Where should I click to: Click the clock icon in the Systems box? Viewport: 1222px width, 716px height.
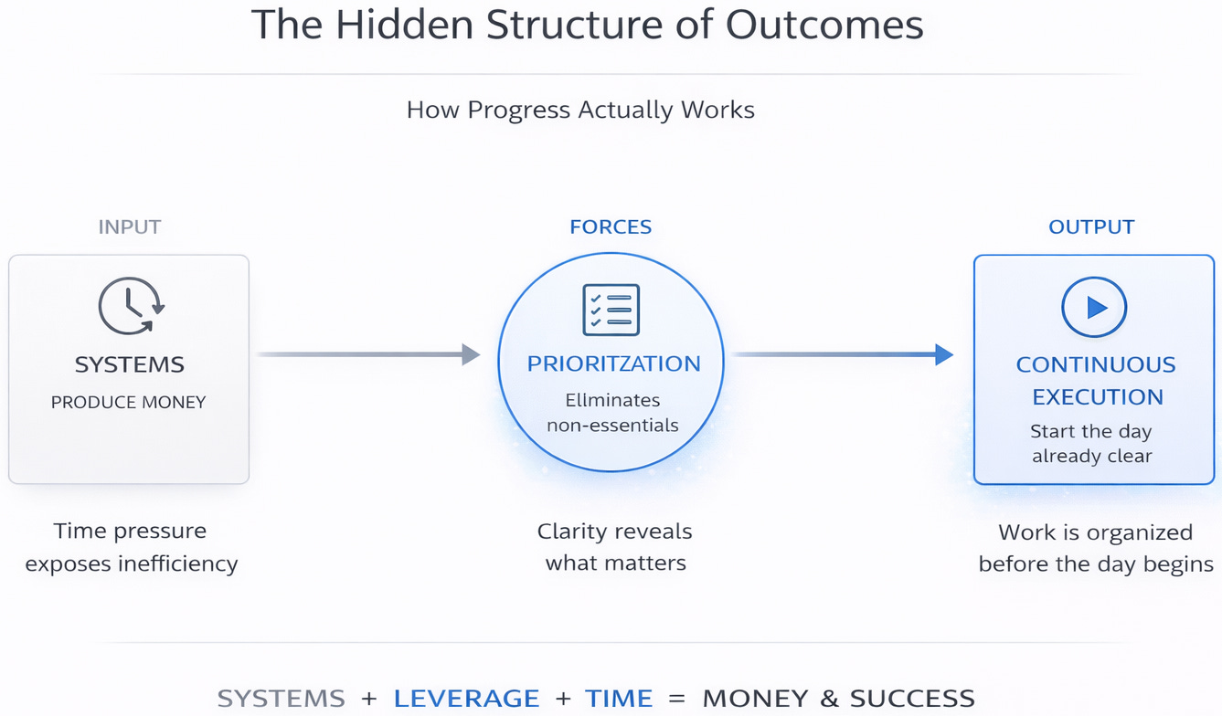[130, 306]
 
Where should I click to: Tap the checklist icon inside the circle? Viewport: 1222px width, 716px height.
[611, 310]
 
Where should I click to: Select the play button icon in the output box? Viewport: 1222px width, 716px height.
[1094, 308]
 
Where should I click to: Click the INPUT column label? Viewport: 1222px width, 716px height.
[130, 226]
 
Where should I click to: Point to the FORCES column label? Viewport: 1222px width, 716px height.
[611, 226]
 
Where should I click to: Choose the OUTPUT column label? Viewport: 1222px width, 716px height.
[1091, 226]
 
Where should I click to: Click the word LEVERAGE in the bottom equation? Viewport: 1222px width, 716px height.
[466, 700]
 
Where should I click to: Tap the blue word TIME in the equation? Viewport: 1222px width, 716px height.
[619, 700]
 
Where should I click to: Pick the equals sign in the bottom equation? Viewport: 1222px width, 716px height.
[676, 700]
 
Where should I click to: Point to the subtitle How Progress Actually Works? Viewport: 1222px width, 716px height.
[580, 111]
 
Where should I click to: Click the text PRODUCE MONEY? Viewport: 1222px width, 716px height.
[129, 402]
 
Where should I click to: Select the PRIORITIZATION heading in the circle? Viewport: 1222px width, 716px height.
[613, 363]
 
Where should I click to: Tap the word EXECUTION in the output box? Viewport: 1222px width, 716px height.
[1098, 397]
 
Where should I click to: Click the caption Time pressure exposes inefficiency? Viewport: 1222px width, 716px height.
[131, 547]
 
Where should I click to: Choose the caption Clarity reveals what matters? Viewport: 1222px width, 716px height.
[615, 547]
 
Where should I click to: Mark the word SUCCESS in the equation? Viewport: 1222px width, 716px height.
[912, 700]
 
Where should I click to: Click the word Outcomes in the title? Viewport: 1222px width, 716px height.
[824, 26]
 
